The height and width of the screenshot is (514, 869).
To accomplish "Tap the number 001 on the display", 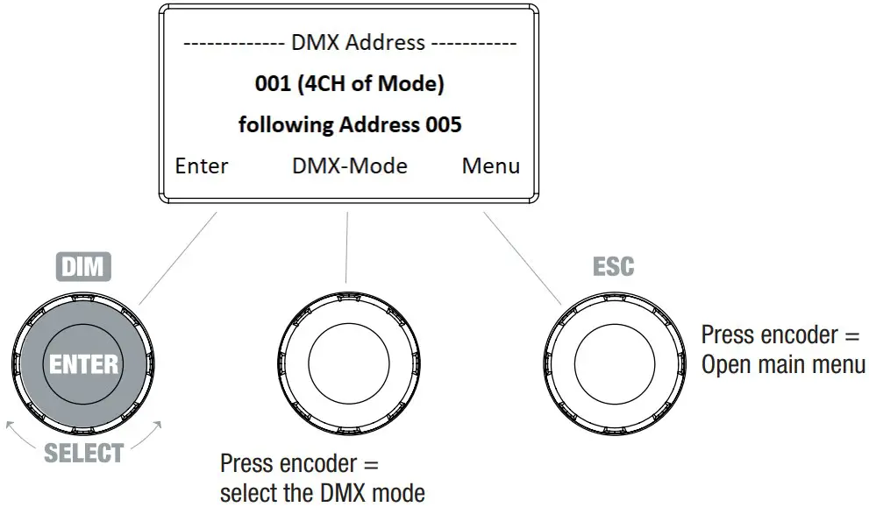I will click(272, 84).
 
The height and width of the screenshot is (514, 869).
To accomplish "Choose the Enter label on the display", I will click(202, 165).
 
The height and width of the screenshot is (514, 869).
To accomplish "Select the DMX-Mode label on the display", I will click(350, 165).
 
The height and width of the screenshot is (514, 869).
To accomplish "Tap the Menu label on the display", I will click(491, 165).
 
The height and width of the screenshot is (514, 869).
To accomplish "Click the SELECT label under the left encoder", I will click(83, 453).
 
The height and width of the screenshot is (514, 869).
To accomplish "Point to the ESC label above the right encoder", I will click(614, 266).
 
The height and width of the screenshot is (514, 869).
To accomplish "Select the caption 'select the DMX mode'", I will click(323, 492).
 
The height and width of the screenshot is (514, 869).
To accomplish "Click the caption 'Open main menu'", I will click(783, 364).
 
